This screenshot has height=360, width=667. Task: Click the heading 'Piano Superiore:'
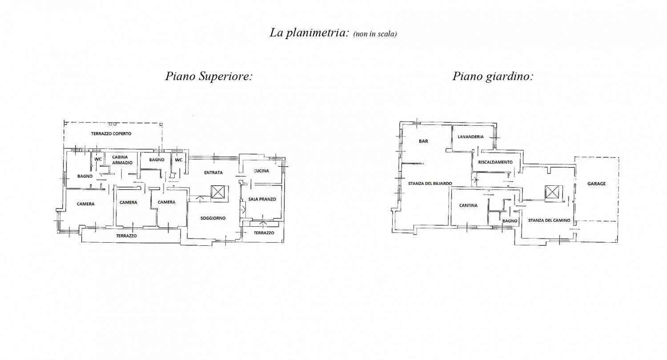[x=209, y=76]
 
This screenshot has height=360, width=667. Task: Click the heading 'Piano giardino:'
[x=493, y=76]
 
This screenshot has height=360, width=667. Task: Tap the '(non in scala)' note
[x=375, y=34]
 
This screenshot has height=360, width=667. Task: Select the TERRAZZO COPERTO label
[x=111, y=134]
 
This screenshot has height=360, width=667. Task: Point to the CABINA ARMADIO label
[x=122, y=160]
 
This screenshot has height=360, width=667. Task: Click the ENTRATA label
[x=213, y=172]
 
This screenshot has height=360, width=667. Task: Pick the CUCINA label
[x=261, y=171]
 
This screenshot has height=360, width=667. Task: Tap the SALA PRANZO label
[x=262, y=199]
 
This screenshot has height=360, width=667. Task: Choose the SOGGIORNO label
[x=213, y=218]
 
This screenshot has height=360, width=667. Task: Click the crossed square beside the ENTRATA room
[x=217, y=192]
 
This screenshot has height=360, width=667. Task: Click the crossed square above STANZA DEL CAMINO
[x=552, y=192]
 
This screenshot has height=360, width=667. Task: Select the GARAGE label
[x=596, y=184]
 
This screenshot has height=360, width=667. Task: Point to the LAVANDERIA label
[x=471, y=137]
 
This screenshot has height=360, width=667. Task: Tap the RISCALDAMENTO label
[x=495, y=162]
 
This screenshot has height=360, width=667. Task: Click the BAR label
[x=423, y=141]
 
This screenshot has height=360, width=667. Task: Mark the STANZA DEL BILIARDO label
[x=430, y=184]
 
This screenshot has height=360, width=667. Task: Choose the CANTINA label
[x=468, y=205]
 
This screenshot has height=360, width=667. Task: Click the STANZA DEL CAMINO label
[x=549, y=220]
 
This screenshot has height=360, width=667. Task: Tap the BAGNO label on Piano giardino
[x=510, y=221]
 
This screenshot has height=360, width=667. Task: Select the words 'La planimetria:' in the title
[x=309, y=33]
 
